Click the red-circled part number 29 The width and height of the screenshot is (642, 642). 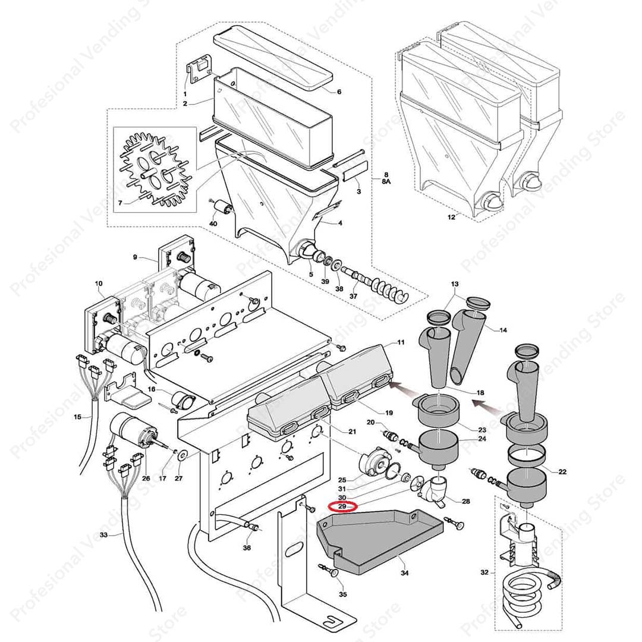342,506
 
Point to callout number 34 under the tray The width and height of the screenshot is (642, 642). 405,574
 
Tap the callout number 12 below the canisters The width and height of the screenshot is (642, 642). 451,218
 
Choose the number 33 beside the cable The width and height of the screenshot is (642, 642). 103,535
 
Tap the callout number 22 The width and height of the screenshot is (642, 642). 562,471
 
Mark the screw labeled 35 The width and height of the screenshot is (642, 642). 331,571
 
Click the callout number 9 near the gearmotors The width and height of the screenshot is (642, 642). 135,257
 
